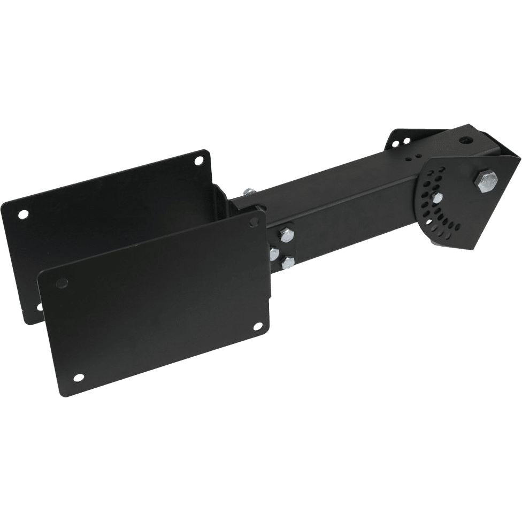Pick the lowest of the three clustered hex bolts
[288, 262]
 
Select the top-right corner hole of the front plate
[251, 222]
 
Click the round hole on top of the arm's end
[469, 140]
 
